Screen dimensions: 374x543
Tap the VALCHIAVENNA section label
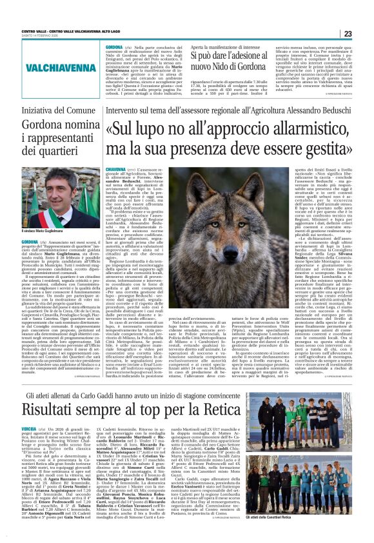pos(50,66)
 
